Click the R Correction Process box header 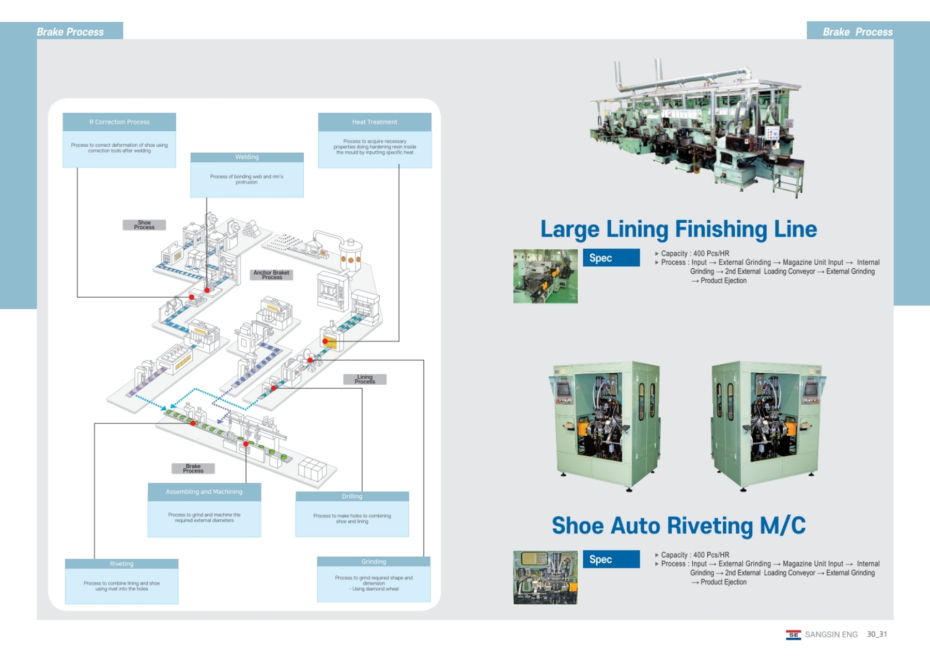pyautogui.click(x=119, y=122)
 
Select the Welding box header pyautogui.click(x=247, y=157)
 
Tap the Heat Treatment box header pyautogui.click(x=375, y=122)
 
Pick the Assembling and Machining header pyautogui.click(x=204, y=492)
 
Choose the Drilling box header pyautogui.click(x=352, y=496)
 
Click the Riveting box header pyautogui.click(x=121, y=564)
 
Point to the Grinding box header pyautogui.click(x=374, y=562)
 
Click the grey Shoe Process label pyautogui.click(x=144, y=225)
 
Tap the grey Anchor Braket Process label pyautogui.click(x=271, y=275)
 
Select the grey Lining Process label pyautogui.click(x=365, y=379)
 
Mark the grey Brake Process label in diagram pyautogui.click(x=193, y=468)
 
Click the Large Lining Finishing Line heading pyautogui.click(x=678, y=229)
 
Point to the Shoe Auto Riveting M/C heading pyautogui.click(x=678, y=526)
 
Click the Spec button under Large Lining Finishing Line pyautogui.click(x=611, y=258)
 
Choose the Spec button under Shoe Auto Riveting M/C pyautogui.click(x=611, y=559)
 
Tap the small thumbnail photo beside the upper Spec pyautogui.click(x=545, y=276)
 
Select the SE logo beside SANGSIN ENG pyautogui.click(x=793, y=635)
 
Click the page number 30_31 pyautogui.click(x=877, y=634)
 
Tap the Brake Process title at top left pyautogui.click(x=70, y=32)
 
